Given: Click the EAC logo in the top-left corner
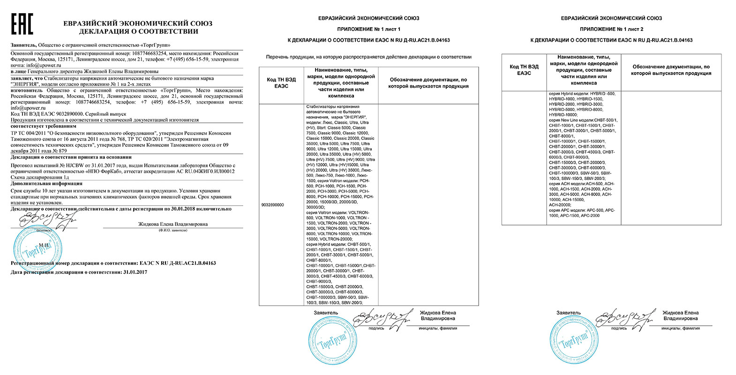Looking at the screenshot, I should click(22, 24).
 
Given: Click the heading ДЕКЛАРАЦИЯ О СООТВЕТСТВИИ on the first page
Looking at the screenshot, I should click(138, 31).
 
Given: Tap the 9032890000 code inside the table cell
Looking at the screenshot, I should click(271, 205).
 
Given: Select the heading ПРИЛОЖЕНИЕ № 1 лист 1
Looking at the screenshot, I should click(368, 29).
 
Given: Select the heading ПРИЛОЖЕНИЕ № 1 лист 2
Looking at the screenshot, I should click(611, 29).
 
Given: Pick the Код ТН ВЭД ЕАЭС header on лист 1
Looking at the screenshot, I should click(281, 83).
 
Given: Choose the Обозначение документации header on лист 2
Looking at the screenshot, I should click(671, 70).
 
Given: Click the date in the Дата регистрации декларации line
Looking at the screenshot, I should click(135, 272).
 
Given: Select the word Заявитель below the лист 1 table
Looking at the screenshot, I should click(326, 313).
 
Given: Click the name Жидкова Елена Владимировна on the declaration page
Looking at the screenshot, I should click(173, 224).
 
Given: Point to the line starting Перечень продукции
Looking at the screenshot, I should click(368, 57).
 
